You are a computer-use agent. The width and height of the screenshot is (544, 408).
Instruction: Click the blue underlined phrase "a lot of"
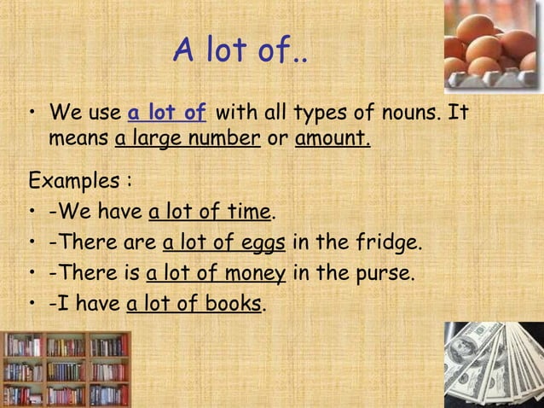167,114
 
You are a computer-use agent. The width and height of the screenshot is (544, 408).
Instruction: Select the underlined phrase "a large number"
188,138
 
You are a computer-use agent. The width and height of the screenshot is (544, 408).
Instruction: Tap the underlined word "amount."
333,138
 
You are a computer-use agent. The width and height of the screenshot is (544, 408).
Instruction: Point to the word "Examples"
74,183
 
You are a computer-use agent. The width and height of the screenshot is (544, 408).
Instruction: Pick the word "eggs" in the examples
263,243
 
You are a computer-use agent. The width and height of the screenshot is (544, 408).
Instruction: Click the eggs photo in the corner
492,44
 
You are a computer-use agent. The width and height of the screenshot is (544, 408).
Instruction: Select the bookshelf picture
67,369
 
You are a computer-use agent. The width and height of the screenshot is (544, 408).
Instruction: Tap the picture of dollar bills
494,365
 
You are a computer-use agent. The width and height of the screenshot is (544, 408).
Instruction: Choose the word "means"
78,138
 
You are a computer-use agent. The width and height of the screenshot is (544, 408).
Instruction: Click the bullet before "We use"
32,114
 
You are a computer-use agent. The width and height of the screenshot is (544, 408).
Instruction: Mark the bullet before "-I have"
32,305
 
